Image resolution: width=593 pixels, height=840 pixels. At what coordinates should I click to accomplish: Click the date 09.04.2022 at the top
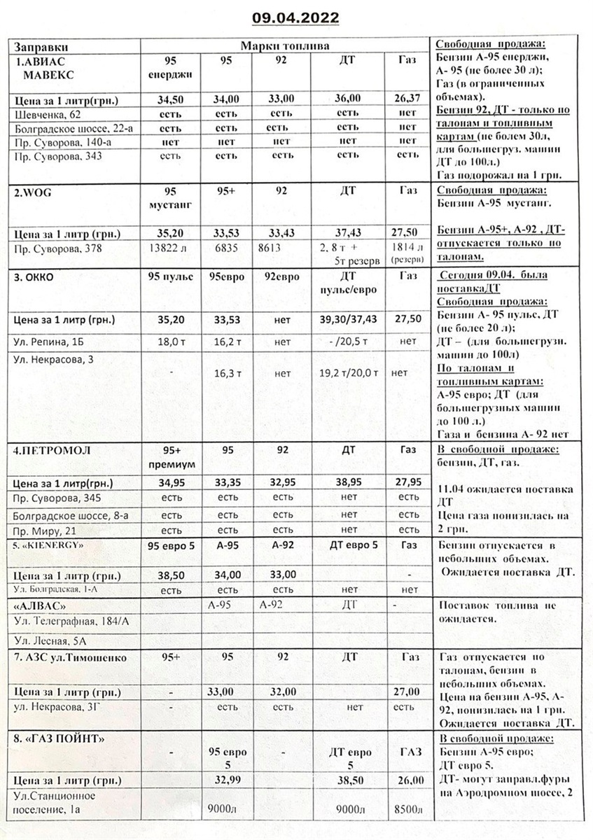click(x=296, y=17)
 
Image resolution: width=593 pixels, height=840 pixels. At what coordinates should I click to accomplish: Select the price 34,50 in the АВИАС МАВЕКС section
click(x=172, y=99)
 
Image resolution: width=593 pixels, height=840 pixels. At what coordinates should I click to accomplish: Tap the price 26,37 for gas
click(x=407, y=99)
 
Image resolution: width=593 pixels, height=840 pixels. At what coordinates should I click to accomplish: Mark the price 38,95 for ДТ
click(x=347, y=483)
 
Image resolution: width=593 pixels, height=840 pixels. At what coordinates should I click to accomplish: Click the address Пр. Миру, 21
click(x=44, y=530)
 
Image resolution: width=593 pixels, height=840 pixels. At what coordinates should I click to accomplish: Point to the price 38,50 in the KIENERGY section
click(x=172, y=575)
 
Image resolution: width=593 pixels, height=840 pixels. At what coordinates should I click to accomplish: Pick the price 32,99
click(x=225, y=780)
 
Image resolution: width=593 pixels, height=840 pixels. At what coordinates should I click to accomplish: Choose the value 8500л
click(x=407, y=811)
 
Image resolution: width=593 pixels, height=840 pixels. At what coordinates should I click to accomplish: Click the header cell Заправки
click(x=41, y=45)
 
